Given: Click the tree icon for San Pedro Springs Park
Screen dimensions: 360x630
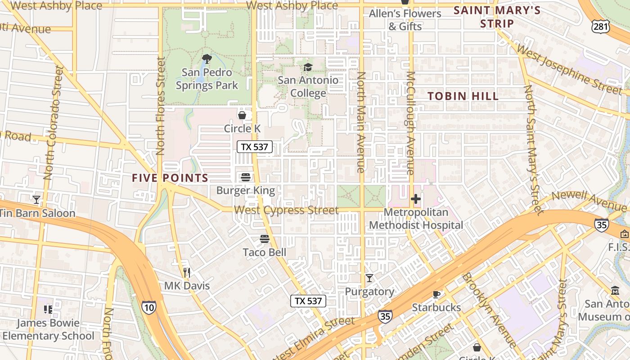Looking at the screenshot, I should coord(207,58).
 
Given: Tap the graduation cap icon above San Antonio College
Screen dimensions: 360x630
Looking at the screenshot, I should coord(308,67).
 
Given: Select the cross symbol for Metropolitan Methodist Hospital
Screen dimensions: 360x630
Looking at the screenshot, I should coord(416,198).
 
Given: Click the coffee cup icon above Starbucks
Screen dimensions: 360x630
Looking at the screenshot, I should coord(436,294).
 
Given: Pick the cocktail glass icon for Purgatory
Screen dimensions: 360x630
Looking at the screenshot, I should coord(369,278).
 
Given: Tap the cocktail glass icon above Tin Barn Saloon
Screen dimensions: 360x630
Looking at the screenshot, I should coord(36,199).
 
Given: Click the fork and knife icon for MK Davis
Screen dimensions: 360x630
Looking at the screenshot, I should coord(187,272).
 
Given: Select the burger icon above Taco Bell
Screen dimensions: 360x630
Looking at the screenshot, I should coord(265,238).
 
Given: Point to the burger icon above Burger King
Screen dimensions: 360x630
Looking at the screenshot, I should coord(245,177).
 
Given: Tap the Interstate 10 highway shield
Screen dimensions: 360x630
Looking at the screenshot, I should coord(149,307).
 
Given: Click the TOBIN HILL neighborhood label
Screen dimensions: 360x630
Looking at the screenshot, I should coord(463,96).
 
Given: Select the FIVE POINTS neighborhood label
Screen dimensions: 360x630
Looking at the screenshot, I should coord(170,178).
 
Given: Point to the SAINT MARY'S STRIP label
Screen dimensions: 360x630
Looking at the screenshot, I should coord(497,17).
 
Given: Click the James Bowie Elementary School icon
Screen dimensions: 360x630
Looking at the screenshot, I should coord(48,309).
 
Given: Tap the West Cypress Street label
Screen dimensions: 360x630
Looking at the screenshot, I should coord(286,210).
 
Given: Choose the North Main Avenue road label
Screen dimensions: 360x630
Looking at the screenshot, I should coord(360,122).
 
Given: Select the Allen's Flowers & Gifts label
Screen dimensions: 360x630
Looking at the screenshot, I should coord(405,20).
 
